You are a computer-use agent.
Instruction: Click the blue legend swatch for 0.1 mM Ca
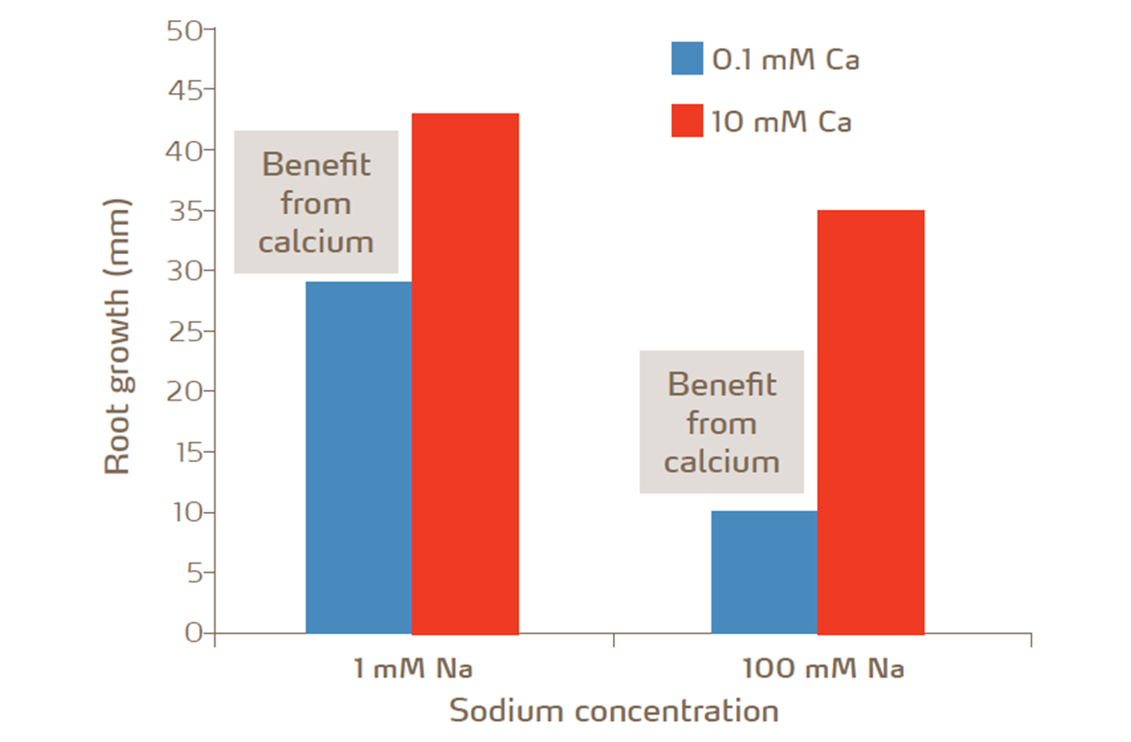(x=687, y=59)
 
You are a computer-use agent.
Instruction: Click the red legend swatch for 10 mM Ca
(x=687, y=121)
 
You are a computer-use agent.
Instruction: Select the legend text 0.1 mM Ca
(x=786, y=60)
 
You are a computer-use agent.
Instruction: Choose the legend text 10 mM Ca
(x=781, y=122)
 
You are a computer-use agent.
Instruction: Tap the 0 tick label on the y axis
(x=192, y=632)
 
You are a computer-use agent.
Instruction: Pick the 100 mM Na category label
(x=823, y=668)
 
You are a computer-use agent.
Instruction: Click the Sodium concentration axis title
(x=614, y=711)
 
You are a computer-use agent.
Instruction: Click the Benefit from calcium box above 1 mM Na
(x=316, y=203)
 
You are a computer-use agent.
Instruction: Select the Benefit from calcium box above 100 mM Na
(x=721, y=422)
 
